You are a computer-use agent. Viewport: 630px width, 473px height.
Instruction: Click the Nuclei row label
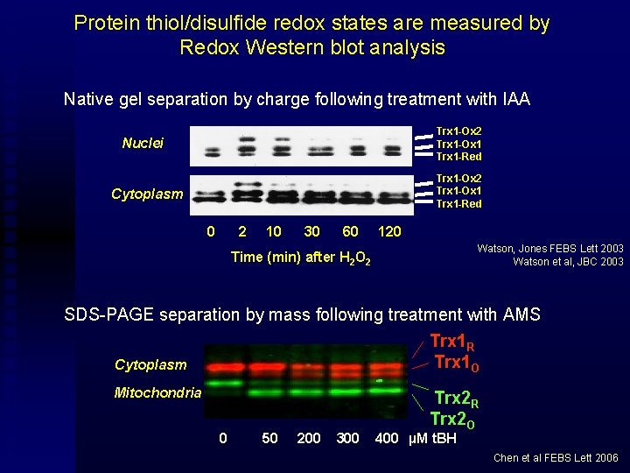[143, 143]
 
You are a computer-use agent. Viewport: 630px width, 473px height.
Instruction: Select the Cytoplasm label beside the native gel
[147, 194]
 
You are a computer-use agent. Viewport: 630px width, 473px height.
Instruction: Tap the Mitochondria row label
[157, 392]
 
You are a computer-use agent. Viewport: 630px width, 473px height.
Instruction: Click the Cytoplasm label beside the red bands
[150, 364]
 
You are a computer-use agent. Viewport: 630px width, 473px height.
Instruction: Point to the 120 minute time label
[388, 231]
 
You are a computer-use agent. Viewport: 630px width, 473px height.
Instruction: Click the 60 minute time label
[350, 231]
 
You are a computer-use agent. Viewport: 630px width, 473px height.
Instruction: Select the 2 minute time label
[242, 231]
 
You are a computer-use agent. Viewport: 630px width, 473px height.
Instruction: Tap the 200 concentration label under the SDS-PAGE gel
[309, 438]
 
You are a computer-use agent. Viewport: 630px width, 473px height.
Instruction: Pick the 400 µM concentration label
[386, 438]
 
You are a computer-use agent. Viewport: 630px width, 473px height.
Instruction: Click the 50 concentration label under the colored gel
[269, 438]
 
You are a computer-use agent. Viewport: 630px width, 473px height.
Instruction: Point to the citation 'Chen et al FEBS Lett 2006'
[556, 458]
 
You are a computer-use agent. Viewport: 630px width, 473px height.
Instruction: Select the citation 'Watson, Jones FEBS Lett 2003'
[549, 249]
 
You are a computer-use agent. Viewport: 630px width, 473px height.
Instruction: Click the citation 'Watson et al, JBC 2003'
[567, 262]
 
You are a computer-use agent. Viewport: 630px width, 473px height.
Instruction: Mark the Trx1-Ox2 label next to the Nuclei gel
[458, 131]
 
